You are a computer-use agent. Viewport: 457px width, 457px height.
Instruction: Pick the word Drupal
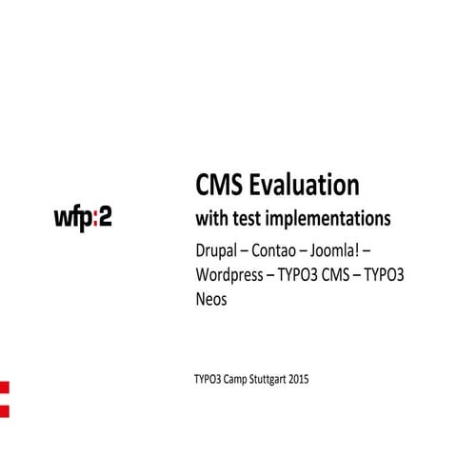click(x=216, y=254)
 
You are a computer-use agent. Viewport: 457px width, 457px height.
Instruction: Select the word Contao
click(x=286, y=254)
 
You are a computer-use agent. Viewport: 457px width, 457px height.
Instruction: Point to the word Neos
click(x=209, y=299)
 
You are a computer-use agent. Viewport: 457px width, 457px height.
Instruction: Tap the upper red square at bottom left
click(x=4, y=389)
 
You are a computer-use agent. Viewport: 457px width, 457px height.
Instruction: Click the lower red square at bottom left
click(x=4, y=409)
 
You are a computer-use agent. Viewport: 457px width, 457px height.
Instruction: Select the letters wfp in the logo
click(x=70, y=217)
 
